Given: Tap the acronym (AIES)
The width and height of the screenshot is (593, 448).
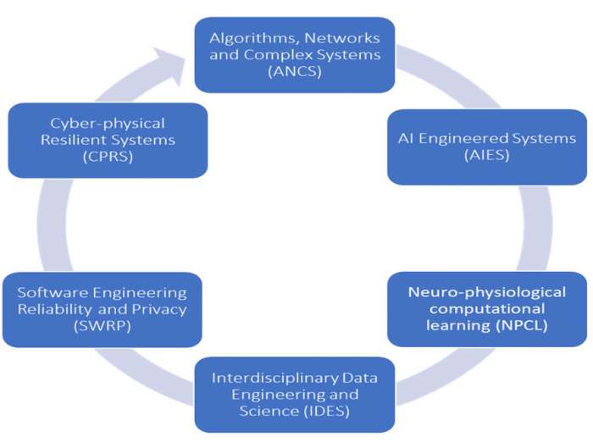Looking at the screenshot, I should (x=486, y=158).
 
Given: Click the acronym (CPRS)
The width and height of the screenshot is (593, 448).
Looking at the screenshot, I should (x=106, y=158).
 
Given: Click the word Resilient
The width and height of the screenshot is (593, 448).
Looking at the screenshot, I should (x=74, y=140).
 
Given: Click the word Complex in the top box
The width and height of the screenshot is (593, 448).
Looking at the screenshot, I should (x=282, y=56).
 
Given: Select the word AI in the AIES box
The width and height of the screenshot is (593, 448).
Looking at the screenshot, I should (x=406, y=139).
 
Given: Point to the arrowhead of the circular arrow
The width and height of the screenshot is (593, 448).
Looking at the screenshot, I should (x=180, y=63).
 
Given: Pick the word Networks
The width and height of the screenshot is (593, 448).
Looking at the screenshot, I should (x=348, y=38).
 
